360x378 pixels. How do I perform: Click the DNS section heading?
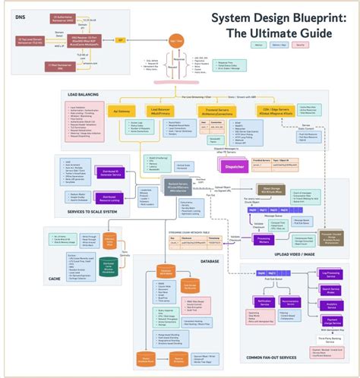pos(20,15)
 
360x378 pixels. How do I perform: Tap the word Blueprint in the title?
pos(293,17)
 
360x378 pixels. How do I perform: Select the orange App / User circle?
pos(175,39)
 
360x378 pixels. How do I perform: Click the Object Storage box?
pos(272,191)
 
